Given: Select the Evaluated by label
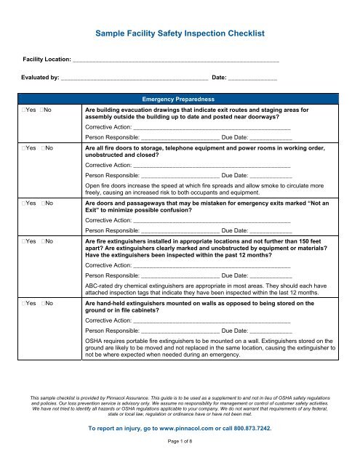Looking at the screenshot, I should (x=41, y=76).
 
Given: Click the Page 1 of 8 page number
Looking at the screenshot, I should (x=179, y=459).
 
